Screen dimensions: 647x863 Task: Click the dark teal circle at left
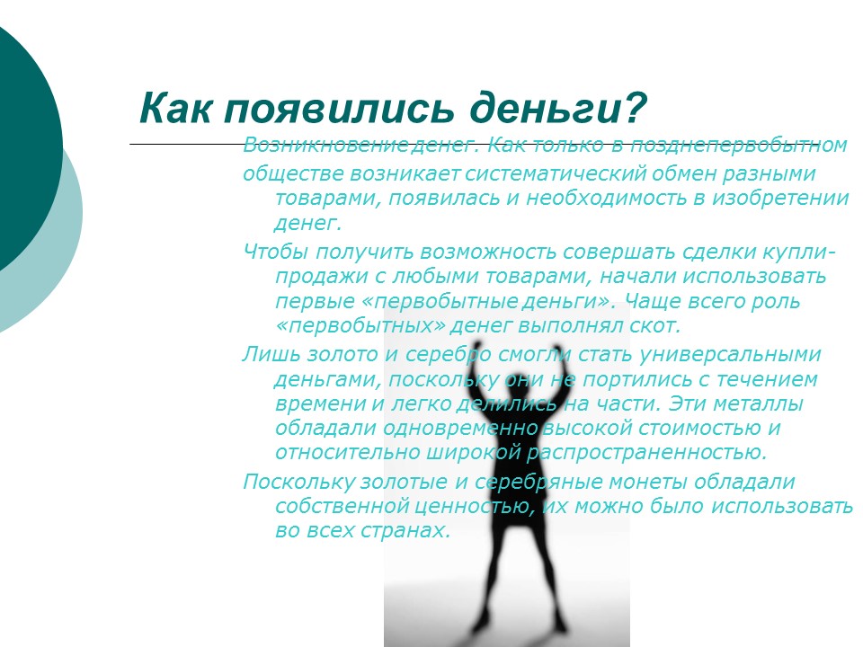[x=18, y=135]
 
